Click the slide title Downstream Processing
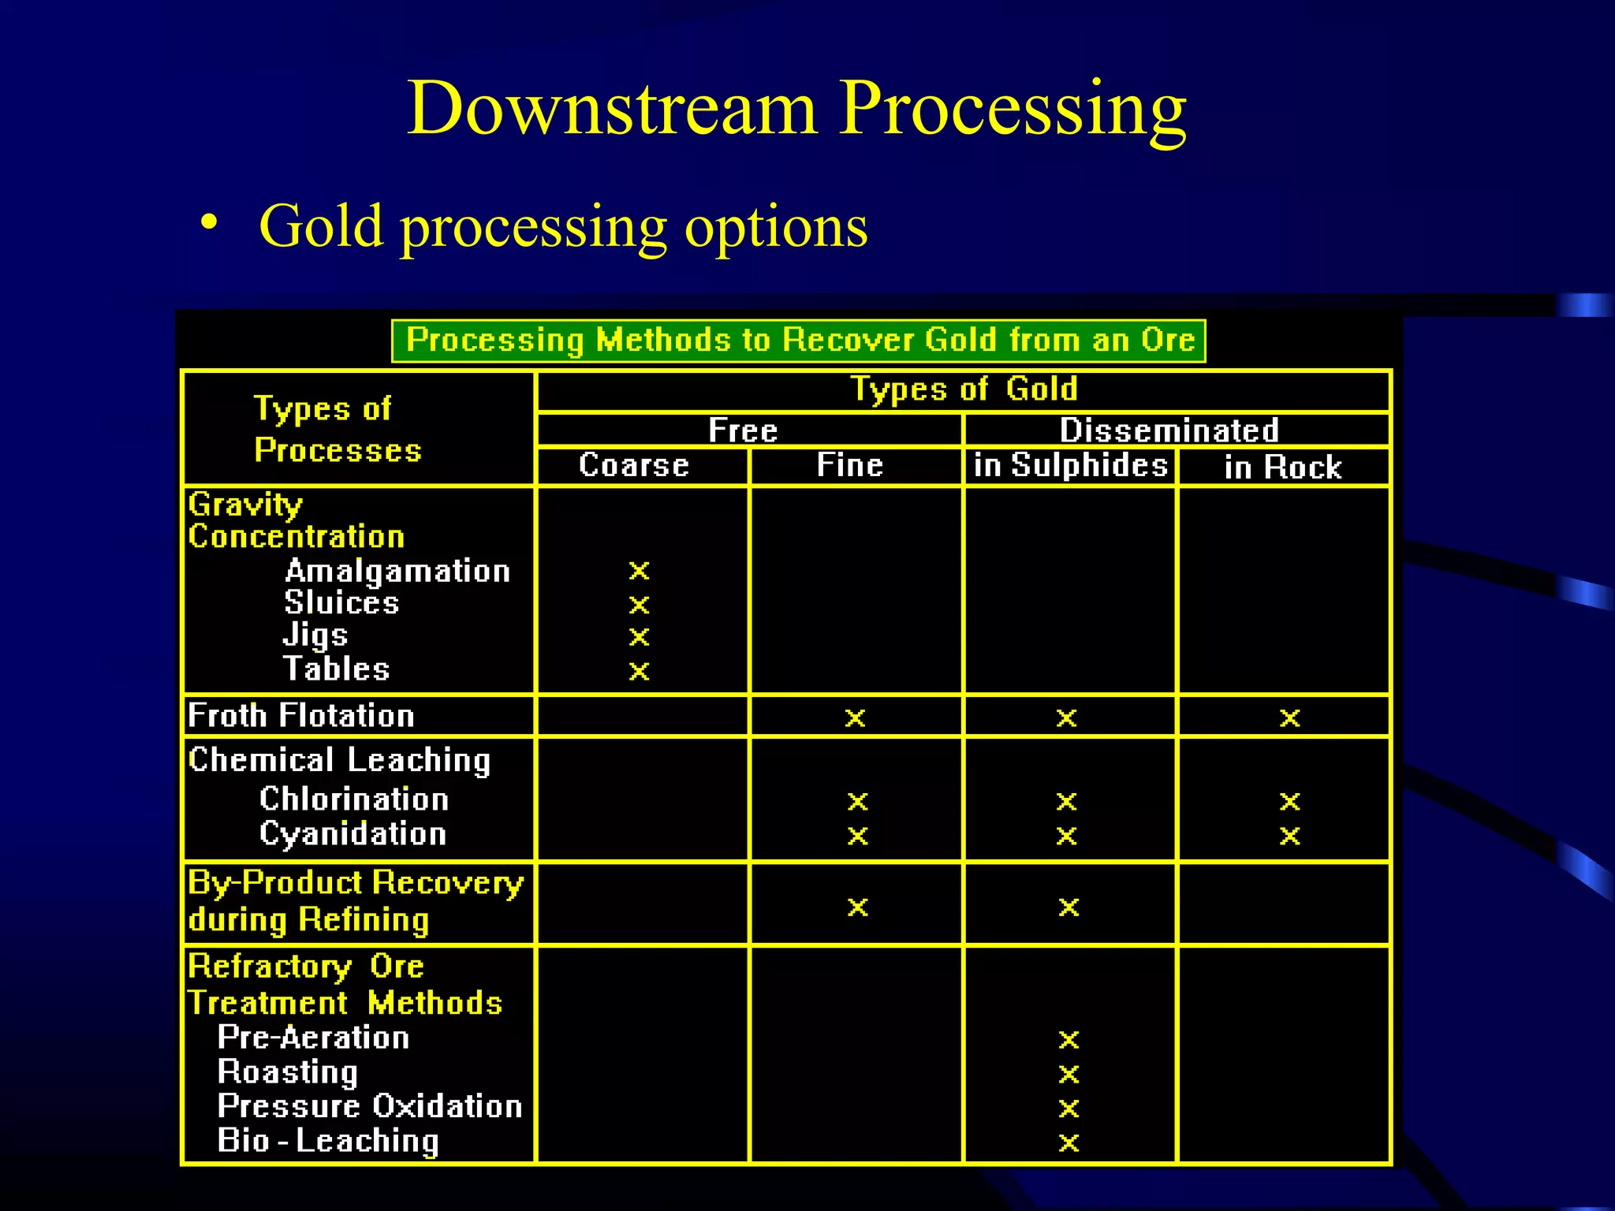(796, 109)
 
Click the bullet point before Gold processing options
(208, 223)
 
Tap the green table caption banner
(798, 341)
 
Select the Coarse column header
(634, 465)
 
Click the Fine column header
(849, 465)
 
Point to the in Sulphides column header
(1070, 465)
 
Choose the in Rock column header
(1283, 467)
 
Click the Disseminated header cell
(1169, 430)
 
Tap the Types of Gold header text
(964, 389)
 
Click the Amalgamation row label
(397, 571)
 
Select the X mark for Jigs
(639, 637)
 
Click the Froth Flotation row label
(301, 716)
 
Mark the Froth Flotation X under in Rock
(1289, 717)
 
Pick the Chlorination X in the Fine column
(857, 802)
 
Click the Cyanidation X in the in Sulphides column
(1066, 836)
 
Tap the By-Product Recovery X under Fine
(857, 907)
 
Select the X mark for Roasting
(1069, 1074)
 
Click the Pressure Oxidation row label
(370, 1106)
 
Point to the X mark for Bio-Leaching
(1069, 1142)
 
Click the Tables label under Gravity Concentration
(337, 669)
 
